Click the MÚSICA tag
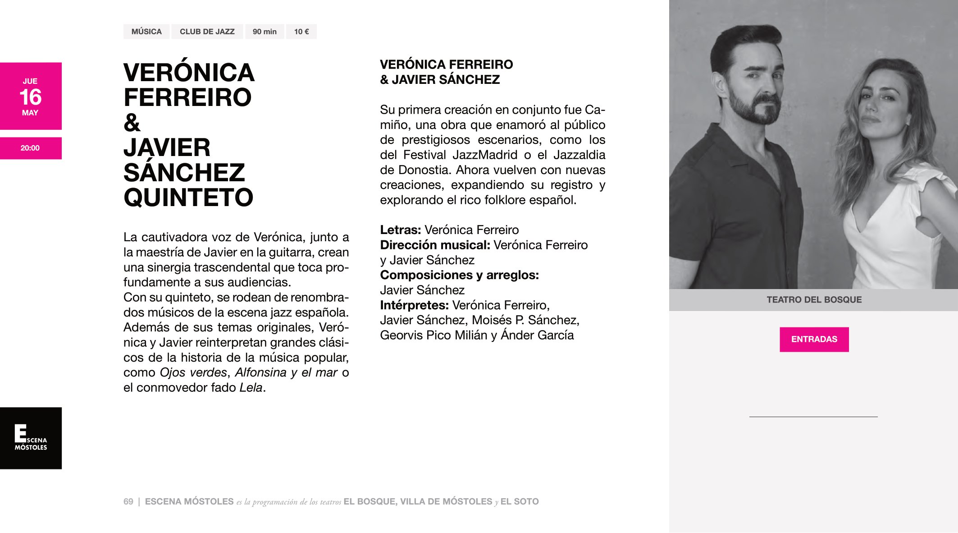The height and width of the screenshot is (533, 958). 146,32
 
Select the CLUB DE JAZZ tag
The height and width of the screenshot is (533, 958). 207,32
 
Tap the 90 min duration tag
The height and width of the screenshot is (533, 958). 265,32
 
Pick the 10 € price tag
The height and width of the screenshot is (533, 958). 301,32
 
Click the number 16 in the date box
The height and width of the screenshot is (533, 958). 31,97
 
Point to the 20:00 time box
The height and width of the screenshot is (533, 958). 30,148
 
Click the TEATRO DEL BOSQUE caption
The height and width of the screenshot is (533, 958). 814,300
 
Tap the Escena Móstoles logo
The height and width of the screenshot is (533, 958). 31,438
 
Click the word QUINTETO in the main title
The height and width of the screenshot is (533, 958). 188,198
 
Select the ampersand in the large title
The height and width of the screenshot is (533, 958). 132,123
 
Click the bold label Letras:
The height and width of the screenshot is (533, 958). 400,230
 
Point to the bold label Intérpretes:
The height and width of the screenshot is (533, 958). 414,305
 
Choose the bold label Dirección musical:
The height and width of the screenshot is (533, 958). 435,245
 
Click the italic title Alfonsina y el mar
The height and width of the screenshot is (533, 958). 286,372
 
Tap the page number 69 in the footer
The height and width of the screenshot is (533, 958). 128,501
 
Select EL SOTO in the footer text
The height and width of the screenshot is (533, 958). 519,501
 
